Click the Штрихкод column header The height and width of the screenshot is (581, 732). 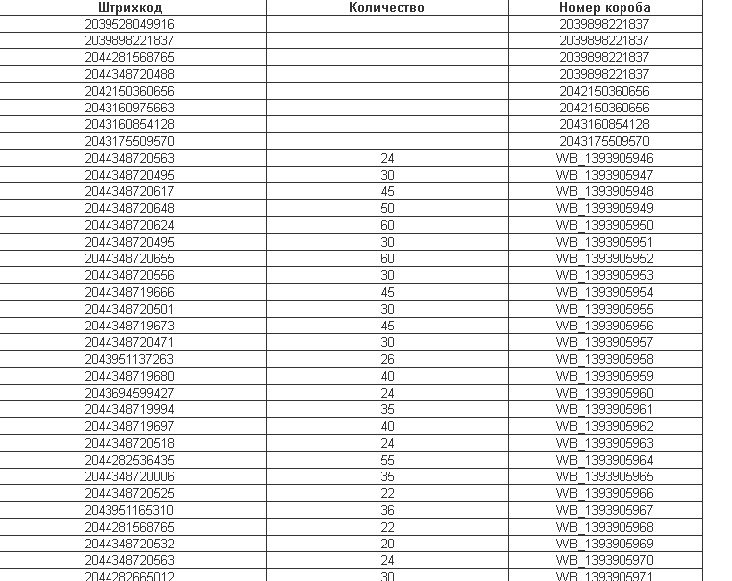[x=129, y=7]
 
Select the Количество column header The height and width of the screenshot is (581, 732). [x=387, y=7]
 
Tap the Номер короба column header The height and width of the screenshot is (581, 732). [x=605, y=7]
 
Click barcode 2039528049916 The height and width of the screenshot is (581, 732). [x=129, y=24]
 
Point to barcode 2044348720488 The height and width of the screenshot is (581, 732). [x=129, y=74]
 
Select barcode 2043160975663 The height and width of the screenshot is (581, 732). [x=129, y=108]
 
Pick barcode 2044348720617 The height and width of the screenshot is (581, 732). [x=129, y=191]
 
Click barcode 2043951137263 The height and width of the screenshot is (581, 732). [x=129, y=359]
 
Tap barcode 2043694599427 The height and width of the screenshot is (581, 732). [x=129, y=393]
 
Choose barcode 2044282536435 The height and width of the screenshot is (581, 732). [x=129, y=460]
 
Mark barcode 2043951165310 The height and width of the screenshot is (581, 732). [x=129, y=510]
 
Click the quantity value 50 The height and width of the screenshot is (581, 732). [x=387, y=208]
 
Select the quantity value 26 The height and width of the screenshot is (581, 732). [x=387, y=359]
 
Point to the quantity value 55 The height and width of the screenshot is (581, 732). [x=387, y=460]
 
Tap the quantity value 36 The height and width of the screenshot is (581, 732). [x=387, y=510]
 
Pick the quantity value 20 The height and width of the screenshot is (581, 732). [x=387, y=544]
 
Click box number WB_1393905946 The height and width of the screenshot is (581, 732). [x=605, y=158]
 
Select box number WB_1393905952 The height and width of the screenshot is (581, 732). [x=605, y=258]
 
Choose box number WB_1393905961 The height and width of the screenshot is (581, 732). [x=605, y=409]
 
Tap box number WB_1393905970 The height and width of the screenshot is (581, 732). [x=605, y=560]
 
